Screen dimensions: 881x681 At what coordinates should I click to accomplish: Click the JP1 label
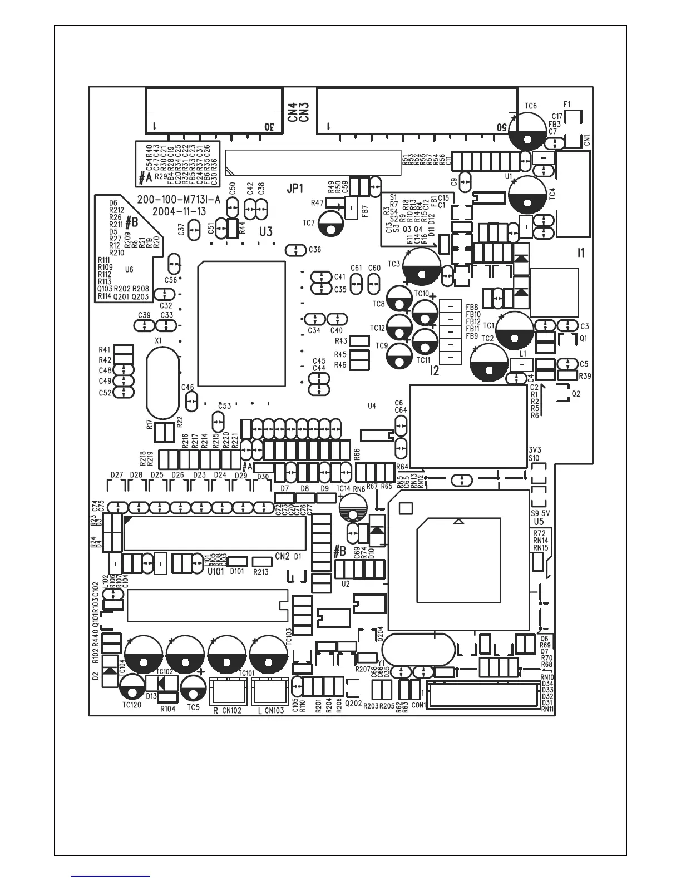coord(295,189)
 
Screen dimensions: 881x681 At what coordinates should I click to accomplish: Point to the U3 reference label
coord(266,231)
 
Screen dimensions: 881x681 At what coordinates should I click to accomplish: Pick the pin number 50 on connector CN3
coord(501,126)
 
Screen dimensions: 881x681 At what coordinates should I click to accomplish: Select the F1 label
coord(567,104)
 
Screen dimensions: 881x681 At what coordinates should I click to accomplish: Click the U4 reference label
coord(372,406)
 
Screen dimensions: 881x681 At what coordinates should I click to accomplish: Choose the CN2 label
coord(282,556)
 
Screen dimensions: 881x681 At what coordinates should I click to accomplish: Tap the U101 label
coord(215,571)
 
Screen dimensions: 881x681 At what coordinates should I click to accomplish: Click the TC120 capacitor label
coord(131,705)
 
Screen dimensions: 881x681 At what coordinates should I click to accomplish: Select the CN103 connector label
coord(274,710)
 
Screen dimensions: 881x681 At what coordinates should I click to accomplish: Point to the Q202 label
coord(353,702)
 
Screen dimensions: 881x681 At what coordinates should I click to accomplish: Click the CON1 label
coord(418,705)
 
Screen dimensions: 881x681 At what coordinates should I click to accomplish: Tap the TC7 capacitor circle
coord(333,223)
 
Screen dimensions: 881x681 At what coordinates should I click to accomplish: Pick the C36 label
coord(314,250)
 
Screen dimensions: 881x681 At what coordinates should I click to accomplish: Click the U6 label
coord(129,269)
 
